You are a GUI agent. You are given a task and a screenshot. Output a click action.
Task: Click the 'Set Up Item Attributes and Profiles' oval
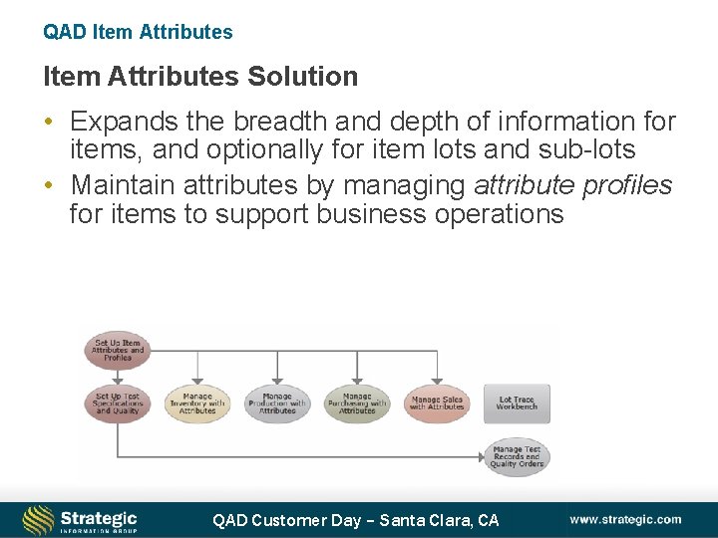(x=118, y=351)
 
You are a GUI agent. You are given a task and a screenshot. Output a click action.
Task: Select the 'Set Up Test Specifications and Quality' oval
(x=118, y=403)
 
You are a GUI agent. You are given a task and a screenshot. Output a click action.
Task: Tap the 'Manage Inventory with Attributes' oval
(x=197, y=403)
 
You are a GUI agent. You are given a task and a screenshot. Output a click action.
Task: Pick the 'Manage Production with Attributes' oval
(x=277, y=403)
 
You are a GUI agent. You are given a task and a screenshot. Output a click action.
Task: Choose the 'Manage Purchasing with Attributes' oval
(x=357, y=403)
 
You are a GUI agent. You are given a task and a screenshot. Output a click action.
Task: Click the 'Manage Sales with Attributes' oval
(x=437, y=403)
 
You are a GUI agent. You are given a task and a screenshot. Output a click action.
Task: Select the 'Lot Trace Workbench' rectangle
(x=517, y=403)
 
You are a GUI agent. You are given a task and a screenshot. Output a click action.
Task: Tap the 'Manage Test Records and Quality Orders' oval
(x=517, y=456)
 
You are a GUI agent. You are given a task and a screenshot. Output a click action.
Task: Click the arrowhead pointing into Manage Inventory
(x=197, y=380)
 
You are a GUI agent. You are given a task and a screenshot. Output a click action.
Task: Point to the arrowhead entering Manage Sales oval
(x=437, y=380)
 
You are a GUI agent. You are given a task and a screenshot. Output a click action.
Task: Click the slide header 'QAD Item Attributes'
(x=138, y=32)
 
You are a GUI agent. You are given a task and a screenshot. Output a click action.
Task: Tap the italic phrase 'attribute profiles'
(x=572, y=185)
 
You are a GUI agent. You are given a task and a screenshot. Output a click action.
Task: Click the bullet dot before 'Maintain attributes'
(x=49, y=186)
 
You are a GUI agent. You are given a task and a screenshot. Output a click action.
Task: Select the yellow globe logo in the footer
(x=38, y=520)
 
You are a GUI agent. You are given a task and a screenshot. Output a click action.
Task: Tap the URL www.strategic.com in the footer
(x=625, y=519)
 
